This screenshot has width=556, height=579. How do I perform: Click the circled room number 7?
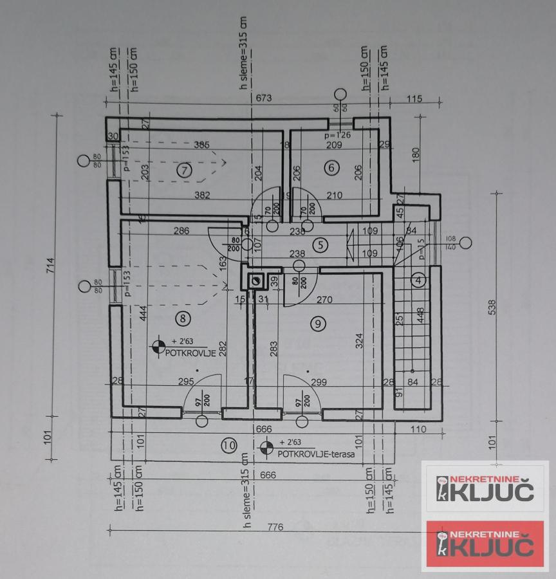click(x=185, y=170)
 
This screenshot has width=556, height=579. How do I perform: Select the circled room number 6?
click(x=332, y=168)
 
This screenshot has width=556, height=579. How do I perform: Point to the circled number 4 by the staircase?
click(x=419, y=280)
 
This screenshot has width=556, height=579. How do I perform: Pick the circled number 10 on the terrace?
click(x=228, y=445)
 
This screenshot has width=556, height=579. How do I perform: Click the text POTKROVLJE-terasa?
click(x=316, y=454)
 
